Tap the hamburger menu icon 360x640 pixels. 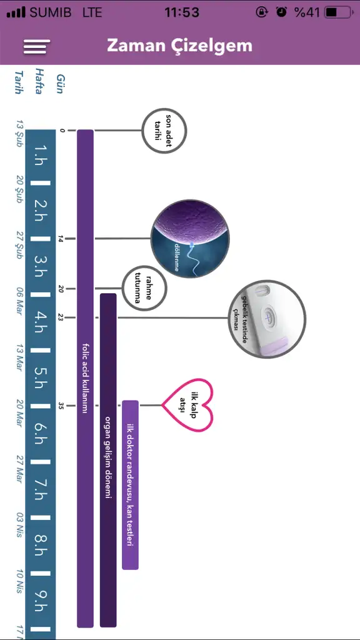37,46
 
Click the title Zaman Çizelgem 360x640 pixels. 179,46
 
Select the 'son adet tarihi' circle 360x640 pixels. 164,131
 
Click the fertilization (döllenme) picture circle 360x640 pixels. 190,239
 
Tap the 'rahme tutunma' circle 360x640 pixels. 145,289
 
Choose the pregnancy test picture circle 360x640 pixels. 267,319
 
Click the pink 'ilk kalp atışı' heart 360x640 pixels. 188,405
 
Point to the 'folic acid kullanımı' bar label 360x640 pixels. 85,377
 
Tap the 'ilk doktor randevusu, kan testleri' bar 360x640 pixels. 130,484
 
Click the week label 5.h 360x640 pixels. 41,378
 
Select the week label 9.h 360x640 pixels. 41,601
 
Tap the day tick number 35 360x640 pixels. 61,406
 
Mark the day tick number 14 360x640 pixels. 61,239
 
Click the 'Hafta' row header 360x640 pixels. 39,81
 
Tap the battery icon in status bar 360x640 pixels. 339,12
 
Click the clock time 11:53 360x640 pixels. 182,12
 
